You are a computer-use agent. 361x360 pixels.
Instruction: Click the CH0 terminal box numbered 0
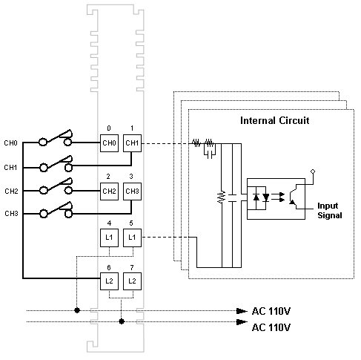pos(109,143)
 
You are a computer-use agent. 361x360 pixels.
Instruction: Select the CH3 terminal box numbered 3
pos(132,192)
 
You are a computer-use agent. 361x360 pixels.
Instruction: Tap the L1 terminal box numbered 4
pos(109,238)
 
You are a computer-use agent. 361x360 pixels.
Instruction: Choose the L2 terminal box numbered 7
pos(132,281)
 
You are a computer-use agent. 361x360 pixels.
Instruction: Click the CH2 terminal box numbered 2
pos(109,192)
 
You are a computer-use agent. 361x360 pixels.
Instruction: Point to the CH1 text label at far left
pos(10,168)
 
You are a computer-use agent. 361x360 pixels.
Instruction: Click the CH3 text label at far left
pos(11,213)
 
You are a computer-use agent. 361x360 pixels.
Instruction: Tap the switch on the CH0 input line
pos(56,137)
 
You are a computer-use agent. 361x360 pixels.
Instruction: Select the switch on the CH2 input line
pos(56,186)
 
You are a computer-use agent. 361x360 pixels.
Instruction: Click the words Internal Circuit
pos(275,120)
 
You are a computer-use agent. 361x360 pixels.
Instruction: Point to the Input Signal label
pos(330,211)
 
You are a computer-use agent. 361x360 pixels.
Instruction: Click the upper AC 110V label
pos(271,311)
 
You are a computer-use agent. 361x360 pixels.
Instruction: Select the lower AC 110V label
pos(271,327)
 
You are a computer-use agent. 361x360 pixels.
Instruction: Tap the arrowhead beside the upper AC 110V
pos(242,311)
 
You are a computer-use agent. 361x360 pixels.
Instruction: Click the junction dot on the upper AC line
pos(77,310)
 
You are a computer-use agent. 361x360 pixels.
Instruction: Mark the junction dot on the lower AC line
pos(122,321)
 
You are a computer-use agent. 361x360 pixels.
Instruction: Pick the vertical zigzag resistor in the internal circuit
pos(222,197)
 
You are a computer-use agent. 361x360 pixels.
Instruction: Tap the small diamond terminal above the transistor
pos(313,171)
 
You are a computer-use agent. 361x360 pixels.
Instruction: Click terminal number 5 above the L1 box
pos(131,223)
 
